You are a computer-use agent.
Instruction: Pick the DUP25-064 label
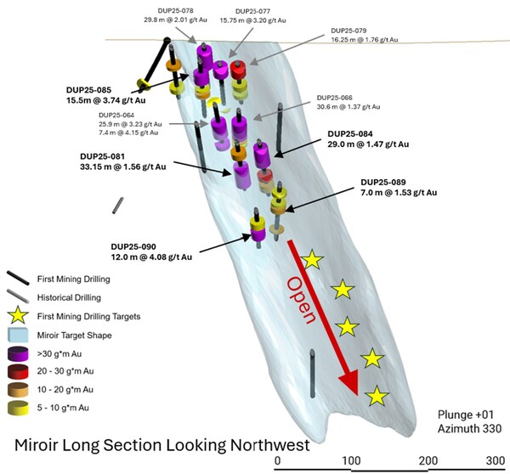coord(116,115)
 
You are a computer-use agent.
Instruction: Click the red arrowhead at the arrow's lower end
coord(348,387)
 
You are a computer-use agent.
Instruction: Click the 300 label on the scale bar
coord(494,460)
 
